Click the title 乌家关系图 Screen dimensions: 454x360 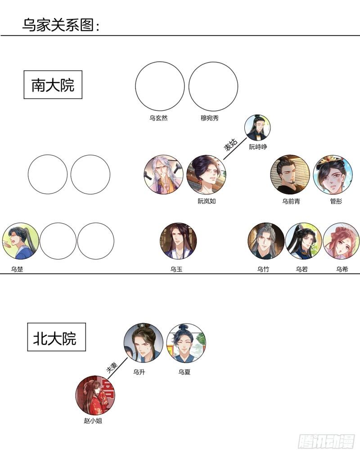click(x=60, y=25)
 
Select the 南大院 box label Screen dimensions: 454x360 click(x=53, y=85)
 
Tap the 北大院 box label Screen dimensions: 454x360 click(x=56, y=337)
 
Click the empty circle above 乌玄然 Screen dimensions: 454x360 click(x=160, y=86)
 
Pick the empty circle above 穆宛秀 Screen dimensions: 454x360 click(x=213, y=86)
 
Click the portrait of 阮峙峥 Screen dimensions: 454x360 click(x=257, y=127)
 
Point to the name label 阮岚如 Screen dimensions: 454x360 click(x=207, y=201)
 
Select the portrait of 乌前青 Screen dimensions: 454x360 click(x=290, y=175)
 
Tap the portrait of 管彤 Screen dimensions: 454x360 click(x=333, y=175)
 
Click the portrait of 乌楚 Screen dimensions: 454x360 click(x=20, y=241)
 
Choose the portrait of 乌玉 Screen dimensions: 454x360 click(x=178, y=241)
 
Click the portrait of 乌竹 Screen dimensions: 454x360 click(x=266, y=241)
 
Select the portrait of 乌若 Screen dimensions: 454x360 click(x=303, y=241)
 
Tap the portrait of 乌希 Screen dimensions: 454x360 click(x=341, y=241)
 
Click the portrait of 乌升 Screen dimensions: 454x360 click(x=143, y=342)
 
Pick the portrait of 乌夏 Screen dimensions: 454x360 click(x=186, y=342)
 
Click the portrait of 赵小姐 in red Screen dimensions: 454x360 click(x=94, y=395)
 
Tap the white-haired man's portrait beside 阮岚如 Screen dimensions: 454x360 click(x=163, y=175)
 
